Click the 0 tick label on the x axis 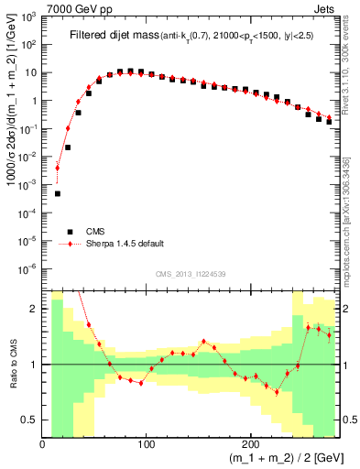pos(43,444)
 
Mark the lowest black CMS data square pos(58,193)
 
